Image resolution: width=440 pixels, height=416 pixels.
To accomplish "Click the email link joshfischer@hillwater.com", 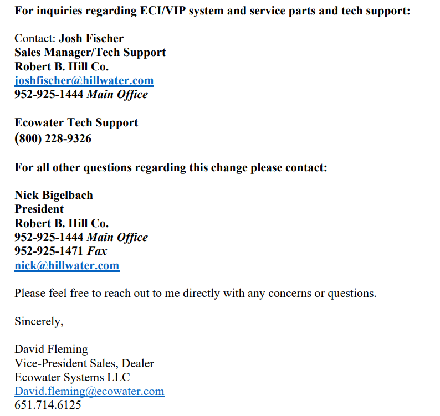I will tap(84, 81).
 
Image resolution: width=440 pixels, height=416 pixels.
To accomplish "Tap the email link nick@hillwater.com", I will tap(66, 265).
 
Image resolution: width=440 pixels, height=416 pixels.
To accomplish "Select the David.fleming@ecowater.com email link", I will tap(89, 392).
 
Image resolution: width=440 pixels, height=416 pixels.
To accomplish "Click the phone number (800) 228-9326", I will tap(53, 138).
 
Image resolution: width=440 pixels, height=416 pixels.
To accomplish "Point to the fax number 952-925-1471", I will tap(49, 251).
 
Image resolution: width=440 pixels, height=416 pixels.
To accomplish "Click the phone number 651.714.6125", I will tap(48, 405).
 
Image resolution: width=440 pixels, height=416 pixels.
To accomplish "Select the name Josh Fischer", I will tap(91, 38).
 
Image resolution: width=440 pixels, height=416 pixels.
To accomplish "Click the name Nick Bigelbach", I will tap(53, 195).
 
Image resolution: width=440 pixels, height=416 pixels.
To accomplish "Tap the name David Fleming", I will tap(51, 350).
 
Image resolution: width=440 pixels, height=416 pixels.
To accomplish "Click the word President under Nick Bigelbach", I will tap(39, 209).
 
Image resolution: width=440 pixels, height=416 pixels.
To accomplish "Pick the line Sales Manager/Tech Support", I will tap(90, 53).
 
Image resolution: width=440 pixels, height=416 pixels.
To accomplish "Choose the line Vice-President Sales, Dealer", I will tap(84, 363).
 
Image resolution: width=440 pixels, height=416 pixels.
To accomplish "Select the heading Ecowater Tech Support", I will tap(76, 122).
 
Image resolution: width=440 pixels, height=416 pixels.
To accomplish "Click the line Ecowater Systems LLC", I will tap(72, 377).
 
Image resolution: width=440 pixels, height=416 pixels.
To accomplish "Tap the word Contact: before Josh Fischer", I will tap(35, 38).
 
